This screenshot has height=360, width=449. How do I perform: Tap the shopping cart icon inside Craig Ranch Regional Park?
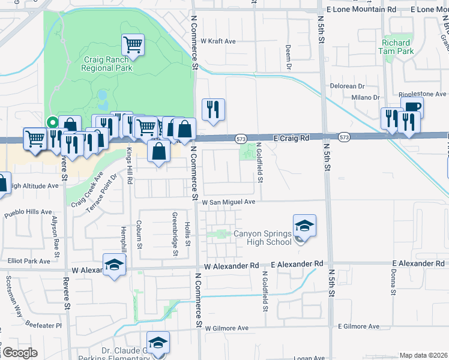133,44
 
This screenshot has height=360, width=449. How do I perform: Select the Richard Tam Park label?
397,47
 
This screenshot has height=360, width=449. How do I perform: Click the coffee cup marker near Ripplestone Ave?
411,108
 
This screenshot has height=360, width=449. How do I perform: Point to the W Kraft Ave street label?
218,41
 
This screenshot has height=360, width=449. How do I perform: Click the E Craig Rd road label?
291,138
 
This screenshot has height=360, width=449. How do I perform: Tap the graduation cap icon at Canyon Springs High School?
304,226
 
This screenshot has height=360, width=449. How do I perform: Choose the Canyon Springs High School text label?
262,238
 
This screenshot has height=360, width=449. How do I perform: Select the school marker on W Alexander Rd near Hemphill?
114,265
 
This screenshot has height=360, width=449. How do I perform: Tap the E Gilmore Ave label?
358,326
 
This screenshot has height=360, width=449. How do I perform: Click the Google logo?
19,353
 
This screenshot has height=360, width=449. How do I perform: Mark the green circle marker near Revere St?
52,121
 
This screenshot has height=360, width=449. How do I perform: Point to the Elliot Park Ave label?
29,261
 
